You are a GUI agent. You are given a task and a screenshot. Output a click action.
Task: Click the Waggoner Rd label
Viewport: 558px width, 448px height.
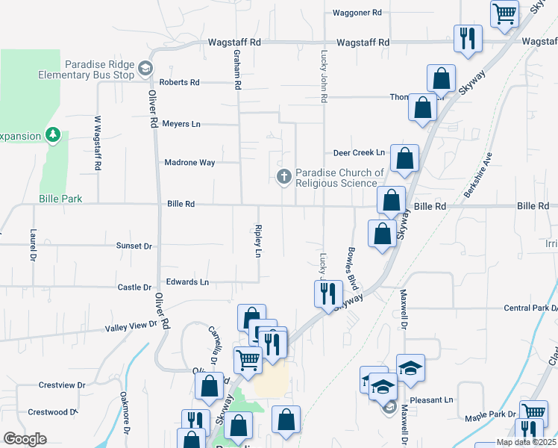coord(357,13)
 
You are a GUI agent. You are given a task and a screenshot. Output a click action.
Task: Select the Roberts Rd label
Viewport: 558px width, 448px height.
coord(180,82)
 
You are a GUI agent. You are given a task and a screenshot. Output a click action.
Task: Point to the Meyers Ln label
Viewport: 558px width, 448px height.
coord(182,124)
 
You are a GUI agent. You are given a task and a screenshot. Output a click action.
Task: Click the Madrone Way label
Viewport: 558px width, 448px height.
coord(189,162)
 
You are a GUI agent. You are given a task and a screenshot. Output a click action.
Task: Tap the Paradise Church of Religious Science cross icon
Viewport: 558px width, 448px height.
coord(283,177)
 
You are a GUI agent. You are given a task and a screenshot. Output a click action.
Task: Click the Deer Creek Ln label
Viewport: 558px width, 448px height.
coord(359,152)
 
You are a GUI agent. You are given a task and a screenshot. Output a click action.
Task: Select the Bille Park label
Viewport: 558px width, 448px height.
coord(61,199)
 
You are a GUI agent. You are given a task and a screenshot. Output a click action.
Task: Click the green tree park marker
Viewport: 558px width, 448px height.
coord(52,134)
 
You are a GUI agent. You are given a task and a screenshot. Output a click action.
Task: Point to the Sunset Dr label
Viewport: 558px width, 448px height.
coord(134,246)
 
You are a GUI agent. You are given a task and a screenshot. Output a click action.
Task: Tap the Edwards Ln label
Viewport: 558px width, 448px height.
coord(187,282)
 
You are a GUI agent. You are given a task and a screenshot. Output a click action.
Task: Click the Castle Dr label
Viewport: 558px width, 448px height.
coord(135,287)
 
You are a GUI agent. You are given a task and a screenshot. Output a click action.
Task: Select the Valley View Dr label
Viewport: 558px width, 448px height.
coord(131,326)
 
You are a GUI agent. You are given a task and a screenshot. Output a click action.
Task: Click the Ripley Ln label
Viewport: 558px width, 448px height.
coord(258,241)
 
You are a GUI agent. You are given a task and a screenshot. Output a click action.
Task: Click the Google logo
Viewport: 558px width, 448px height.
coord(25,439)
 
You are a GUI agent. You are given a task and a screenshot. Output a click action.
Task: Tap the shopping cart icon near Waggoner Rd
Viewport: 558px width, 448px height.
coord(505,13)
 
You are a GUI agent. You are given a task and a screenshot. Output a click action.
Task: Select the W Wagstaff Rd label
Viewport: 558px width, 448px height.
coord(97,144)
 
